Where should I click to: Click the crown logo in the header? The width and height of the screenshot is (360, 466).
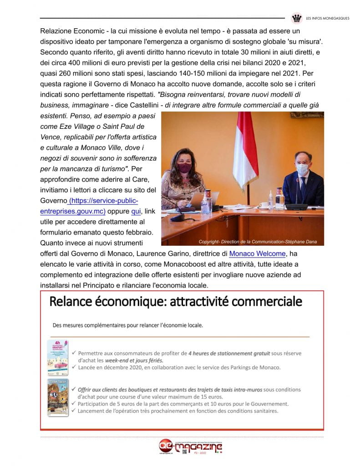297,19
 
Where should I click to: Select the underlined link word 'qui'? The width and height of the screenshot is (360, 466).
136,211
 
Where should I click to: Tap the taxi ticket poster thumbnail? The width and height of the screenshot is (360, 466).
58,397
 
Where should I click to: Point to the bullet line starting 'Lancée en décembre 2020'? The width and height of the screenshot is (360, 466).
179,367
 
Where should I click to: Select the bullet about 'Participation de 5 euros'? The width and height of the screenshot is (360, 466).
183,404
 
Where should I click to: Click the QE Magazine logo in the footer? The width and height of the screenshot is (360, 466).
190,447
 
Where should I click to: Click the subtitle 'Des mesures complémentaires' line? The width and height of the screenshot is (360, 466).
128,325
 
